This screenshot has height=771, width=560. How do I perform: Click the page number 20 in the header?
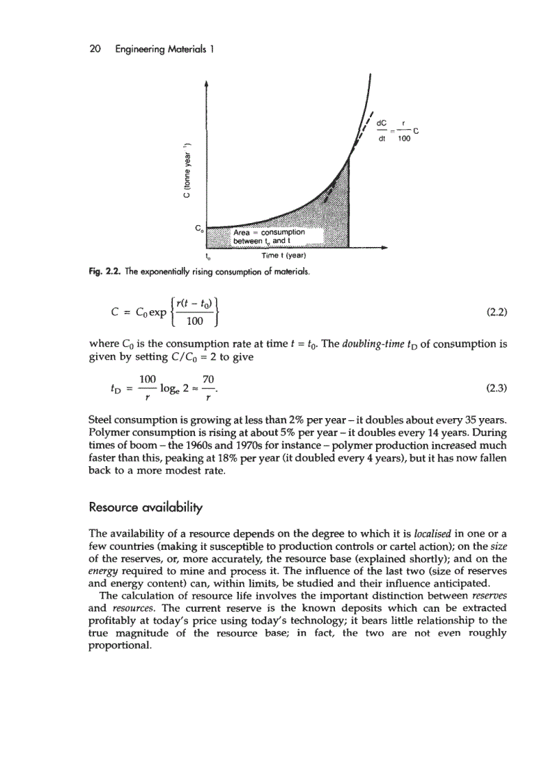96,49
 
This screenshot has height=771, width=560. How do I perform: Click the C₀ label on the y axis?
198,227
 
